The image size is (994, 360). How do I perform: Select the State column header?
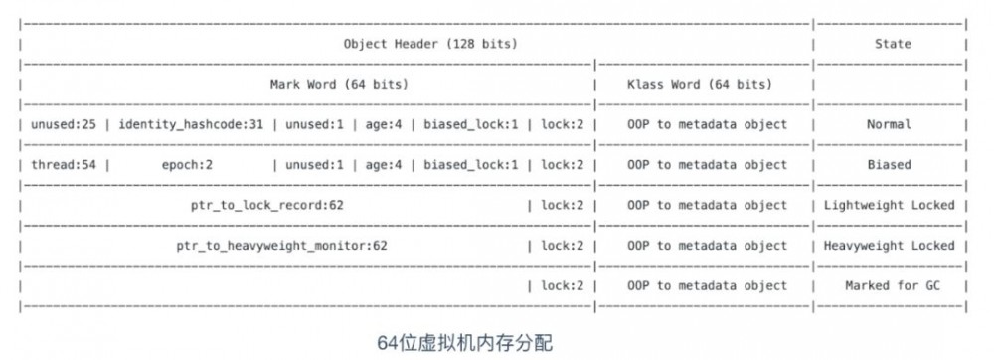(892, 44)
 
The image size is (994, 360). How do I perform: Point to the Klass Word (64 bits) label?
(699, 85)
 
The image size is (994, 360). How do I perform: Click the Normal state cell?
(888, 125)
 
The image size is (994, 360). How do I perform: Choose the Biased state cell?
(888, 165)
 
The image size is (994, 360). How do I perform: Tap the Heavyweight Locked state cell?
(890, 246)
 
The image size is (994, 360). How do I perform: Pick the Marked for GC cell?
(889, 286)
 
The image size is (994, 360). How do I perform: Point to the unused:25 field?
(66, 125)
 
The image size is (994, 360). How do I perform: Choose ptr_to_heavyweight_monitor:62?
(281, 246)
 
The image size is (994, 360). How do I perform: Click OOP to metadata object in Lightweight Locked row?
(707, 206)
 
